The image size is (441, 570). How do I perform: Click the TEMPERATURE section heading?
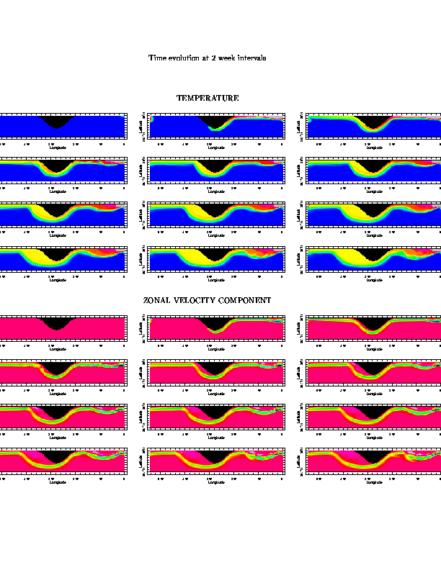click(208, 98)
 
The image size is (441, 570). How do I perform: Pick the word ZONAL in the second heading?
click(156, 300)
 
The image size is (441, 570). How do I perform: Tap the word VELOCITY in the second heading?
click(193, 300)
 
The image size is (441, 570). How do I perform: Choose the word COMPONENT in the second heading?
click(244, 300)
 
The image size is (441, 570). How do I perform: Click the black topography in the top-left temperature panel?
click(57, 121)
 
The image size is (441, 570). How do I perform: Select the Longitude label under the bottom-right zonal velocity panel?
click(374, 482)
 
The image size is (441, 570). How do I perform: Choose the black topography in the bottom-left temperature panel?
click(57, 253)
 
